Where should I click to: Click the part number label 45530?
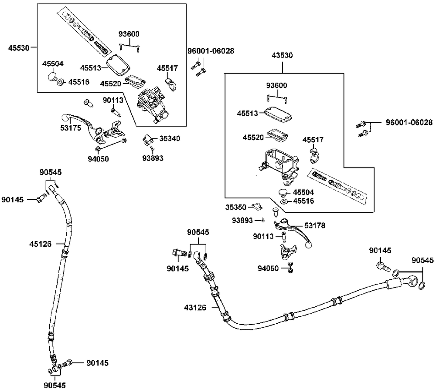18,48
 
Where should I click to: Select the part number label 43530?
282,55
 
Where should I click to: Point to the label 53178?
315,225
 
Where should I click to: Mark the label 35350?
236,207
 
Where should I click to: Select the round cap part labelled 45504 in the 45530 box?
53,77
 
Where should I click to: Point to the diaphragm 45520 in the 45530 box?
134,81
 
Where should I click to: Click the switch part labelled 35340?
147,140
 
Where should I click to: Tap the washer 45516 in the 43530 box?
284,201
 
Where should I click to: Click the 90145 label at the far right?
380,250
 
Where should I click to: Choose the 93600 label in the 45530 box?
129,34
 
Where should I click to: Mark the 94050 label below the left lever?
98,159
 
